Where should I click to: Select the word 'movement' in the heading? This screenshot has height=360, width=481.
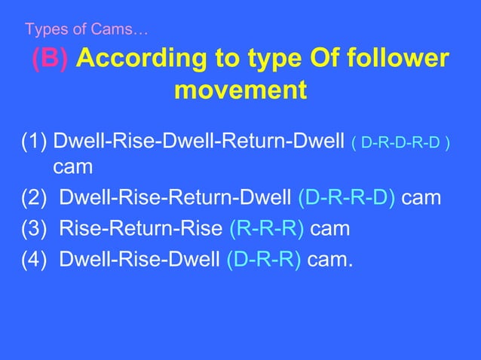point(240,91)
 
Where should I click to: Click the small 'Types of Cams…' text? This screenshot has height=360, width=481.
point(87,30)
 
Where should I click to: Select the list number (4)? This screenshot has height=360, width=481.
point(35,260)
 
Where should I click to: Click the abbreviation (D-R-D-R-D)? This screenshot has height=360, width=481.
point(401,142)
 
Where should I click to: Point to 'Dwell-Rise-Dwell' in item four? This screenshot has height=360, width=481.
point(139,260)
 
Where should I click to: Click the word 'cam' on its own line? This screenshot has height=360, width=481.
point(69,168)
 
